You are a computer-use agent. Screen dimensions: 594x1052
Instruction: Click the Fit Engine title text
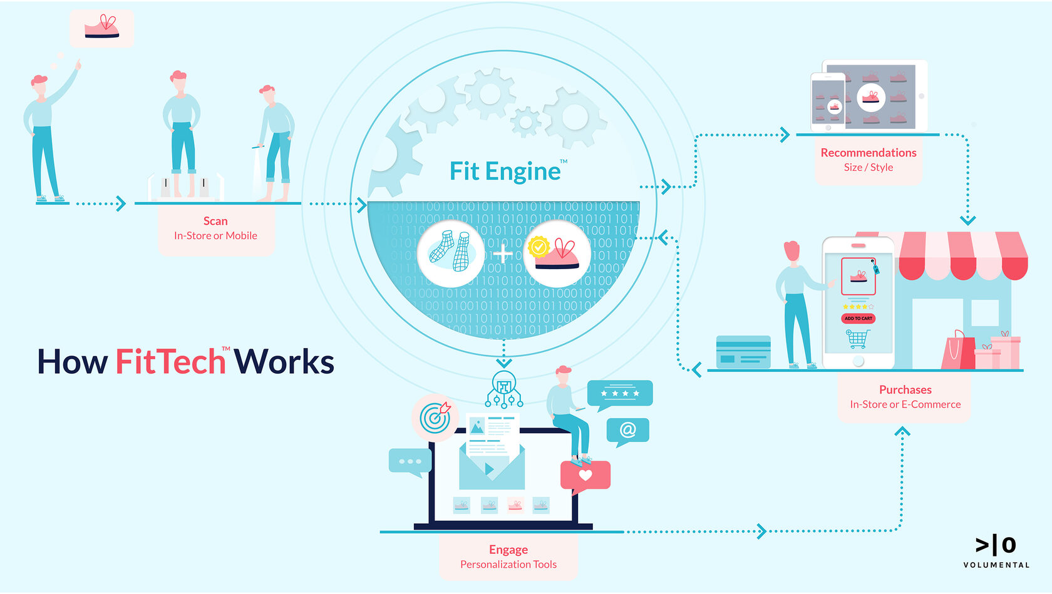(x=505, y=172)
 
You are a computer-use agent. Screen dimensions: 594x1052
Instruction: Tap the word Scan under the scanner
(x=215, y=221)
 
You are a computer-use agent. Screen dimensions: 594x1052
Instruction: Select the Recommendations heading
(x=869, y=153)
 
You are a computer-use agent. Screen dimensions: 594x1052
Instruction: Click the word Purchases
(x=905, y=390)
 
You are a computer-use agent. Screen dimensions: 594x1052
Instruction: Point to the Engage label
(x=508, y=550)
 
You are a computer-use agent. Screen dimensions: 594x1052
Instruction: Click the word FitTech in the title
(x=170, y=362)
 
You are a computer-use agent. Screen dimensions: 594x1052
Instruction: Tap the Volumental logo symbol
(x=996, y=545)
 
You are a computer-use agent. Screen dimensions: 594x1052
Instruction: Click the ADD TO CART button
(x=858, y=319)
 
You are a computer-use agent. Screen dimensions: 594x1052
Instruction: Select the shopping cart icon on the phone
(x=857, y=339)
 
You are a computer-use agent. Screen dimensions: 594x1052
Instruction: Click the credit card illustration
(x=743, y=352)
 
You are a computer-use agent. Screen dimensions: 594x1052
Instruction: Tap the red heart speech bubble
(x=585, y=475)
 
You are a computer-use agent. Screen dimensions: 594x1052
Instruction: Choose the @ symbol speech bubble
(x=627, y=431)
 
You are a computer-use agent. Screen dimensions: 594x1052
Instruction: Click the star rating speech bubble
(x=619, y=394)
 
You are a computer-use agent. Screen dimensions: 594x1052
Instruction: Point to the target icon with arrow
(x=435, y=417)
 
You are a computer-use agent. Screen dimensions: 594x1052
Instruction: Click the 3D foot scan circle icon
(x=451, y=253)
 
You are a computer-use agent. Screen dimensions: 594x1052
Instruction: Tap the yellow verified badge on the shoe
(x=538, y=247)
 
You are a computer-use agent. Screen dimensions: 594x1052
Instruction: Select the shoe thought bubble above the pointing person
(x=101, y=28)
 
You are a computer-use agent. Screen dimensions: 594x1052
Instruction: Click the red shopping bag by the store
(x=957, y=352)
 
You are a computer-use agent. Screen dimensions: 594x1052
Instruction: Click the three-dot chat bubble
(x=410, y=461)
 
